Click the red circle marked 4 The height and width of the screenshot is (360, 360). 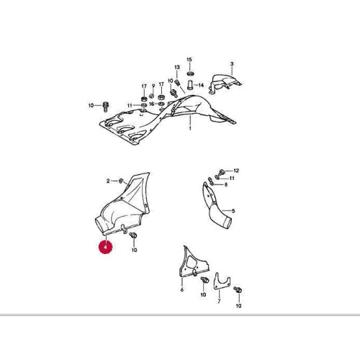[105, 246]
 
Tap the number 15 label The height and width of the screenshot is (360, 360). [189, 60]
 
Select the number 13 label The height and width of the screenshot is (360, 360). [177, 67]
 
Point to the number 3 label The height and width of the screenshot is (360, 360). [232, 64]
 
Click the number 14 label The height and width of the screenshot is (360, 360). [201, 85]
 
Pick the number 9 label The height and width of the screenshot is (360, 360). [153, 86]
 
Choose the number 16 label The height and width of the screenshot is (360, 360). [152, 104]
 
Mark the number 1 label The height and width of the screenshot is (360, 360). [190, 128]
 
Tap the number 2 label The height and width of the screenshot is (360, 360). [108, 181]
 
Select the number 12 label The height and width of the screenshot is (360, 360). [236, 171]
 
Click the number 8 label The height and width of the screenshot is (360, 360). [226, 184]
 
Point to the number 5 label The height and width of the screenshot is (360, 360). [233, 211]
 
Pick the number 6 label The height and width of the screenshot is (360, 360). [182, 289]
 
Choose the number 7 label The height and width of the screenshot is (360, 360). [219, 302]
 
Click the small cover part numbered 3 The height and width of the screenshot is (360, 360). [225, 84]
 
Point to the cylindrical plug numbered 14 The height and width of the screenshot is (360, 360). [190, 85]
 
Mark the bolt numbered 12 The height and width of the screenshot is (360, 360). [221, 172]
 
